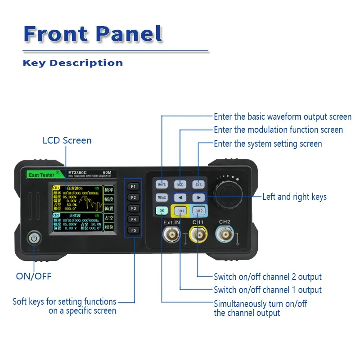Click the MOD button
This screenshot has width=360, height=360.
pyautogui.click(x=180, y=184)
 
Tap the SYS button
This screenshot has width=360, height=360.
pyautogui.click(x=198, y=184)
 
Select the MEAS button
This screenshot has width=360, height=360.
pyautogui.click(x=162, y=198)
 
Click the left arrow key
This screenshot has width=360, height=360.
pyautogui.click(x=180, y=198)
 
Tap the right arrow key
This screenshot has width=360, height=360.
pyautogui.click(x=198, y=198)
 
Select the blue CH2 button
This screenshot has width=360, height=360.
pyautogui.click(x=199, y=211)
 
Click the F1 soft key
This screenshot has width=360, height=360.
pyautogui.click(x=133, y=186)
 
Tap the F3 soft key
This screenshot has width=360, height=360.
pyautogui.click(x=133, y=208)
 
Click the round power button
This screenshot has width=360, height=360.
pyautogui.click(x=34, y=238)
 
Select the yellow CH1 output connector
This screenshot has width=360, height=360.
pyautogui.click(x=198, y=235)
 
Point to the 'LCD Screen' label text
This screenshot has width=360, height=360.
pyautogui.click(x=67, y=140)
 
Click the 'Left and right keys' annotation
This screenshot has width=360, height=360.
pyautogui.click(x=294, y=197)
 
